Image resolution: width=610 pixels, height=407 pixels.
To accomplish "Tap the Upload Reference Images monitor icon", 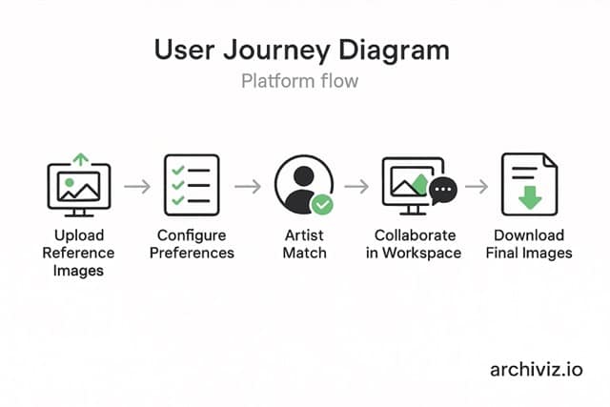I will point(78,187).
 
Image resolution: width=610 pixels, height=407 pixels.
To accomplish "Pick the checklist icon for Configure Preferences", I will point(192,184).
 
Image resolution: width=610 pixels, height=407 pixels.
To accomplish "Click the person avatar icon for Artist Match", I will point(302,183).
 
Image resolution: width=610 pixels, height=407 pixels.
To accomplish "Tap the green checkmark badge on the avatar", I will point(323,204).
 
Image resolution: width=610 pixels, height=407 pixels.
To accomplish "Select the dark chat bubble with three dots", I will point(442,192).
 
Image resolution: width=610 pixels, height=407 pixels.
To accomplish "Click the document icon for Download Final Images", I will point(530,183).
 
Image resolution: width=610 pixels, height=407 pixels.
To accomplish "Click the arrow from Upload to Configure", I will point(137,186).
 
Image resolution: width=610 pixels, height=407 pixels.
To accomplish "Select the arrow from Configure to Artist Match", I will point(248,186).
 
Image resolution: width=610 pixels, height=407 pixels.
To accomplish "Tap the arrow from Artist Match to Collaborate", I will point(358,186).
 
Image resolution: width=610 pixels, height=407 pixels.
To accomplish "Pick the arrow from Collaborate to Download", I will point(477,186).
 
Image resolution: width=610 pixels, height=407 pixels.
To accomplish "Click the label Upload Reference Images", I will point(78,253).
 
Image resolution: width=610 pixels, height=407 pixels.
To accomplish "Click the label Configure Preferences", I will point(193,244).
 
